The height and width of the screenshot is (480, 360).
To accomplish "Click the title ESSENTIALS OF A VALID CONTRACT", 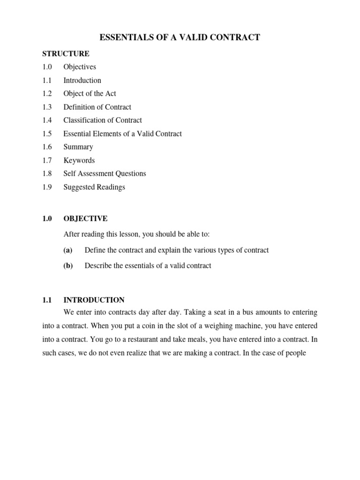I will tap(180, 37).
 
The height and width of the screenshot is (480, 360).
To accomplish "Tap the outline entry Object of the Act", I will tap(90, 93).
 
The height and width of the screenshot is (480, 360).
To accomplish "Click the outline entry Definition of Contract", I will tap(97, 107).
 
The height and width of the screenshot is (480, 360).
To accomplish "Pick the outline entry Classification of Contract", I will tap(103, 120).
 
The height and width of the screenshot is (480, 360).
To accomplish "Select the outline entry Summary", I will tap(78, 147).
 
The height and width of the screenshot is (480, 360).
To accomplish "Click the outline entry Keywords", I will tap(79, 160).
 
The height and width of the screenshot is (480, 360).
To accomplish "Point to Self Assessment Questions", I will tap(105, 173).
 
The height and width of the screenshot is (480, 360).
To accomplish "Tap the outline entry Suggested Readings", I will tap(94, 187).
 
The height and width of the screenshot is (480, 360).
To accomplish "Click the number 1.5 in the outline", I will tap(46, 134).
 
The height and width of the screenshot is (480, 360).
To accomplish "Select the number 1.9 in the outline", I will tap(46, 187).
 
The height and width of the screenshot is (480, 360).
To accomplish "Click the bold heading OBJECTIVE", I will tap(85, 218).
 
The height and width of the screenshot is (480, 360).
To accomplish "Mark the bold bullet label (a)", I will tap(68, 250).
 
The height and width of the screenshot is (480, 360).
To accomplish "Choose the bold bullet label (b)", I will tap(68, 266).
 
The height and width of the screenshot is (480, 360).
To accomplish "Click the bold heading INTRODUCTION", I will tap(94, 300).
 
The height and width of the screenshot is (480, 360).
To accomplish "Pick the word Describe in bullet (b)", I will tap(98, 266).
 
